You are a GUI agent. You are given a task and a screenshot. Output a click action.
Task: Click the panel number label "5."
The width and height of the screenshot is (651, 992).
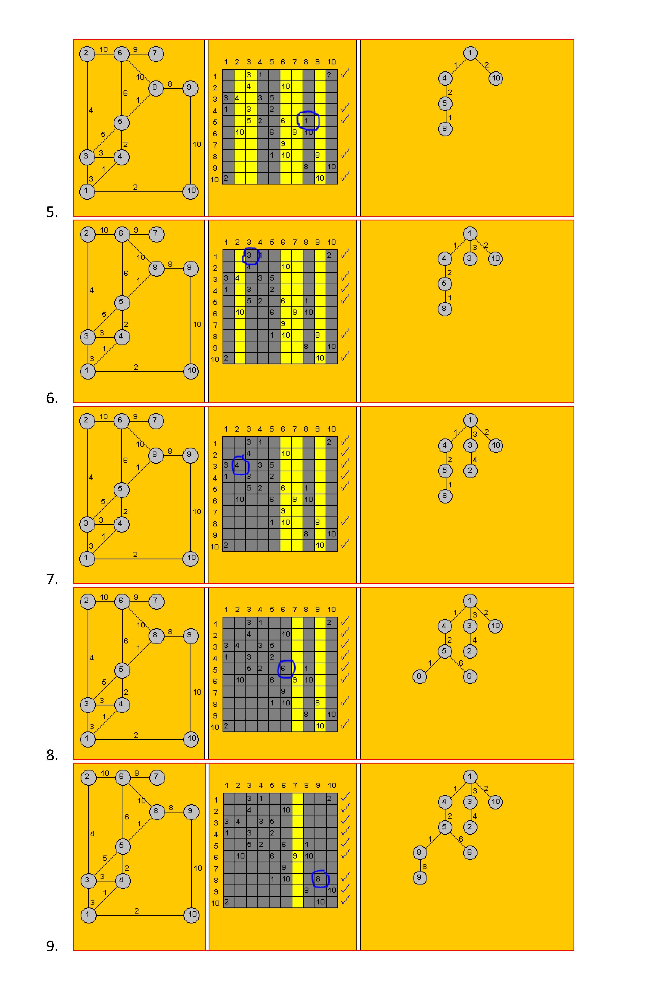(52, 212)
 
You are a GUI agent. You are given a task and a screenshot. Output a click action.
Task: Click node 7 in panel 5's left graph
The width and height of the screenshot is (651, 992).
(155, 54)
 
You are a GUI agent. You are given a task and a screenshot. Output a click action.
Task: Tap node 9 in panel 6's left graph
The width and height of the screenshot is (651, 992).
(190, 268)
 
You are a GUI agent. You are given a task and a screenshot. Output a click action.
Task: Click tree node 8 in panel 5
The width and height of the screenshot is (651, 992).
(445, 129)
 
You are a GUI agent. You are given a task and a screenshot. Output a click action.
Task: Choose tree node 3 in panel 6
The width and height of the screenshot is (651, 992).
(470, 258)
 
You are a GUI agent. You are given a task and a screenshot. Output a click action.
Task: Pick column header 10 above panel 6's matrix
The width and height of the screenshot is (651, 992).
(331, 242)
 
